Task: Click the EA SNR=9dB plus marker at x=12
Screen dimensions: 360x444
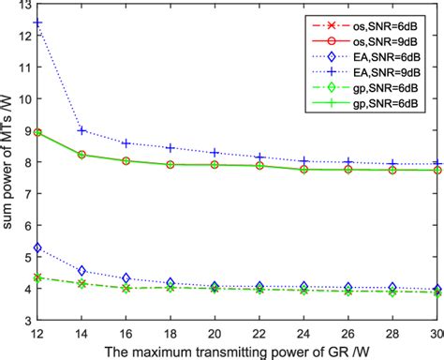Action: (36, 22)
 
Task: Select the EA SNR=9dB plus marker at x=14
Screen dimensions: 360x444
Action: (81, 130)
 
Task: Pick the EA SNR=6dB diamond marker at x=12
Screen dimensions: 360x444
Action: (36, 248)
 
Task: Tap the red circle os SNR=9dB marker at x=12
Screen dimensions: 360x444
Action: (36, 132)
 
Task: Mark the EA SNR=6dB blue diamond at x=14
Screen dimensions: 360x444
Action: (81, 271)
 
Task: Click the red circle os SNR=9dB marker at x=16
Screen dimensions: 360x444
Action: (125, 160)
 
